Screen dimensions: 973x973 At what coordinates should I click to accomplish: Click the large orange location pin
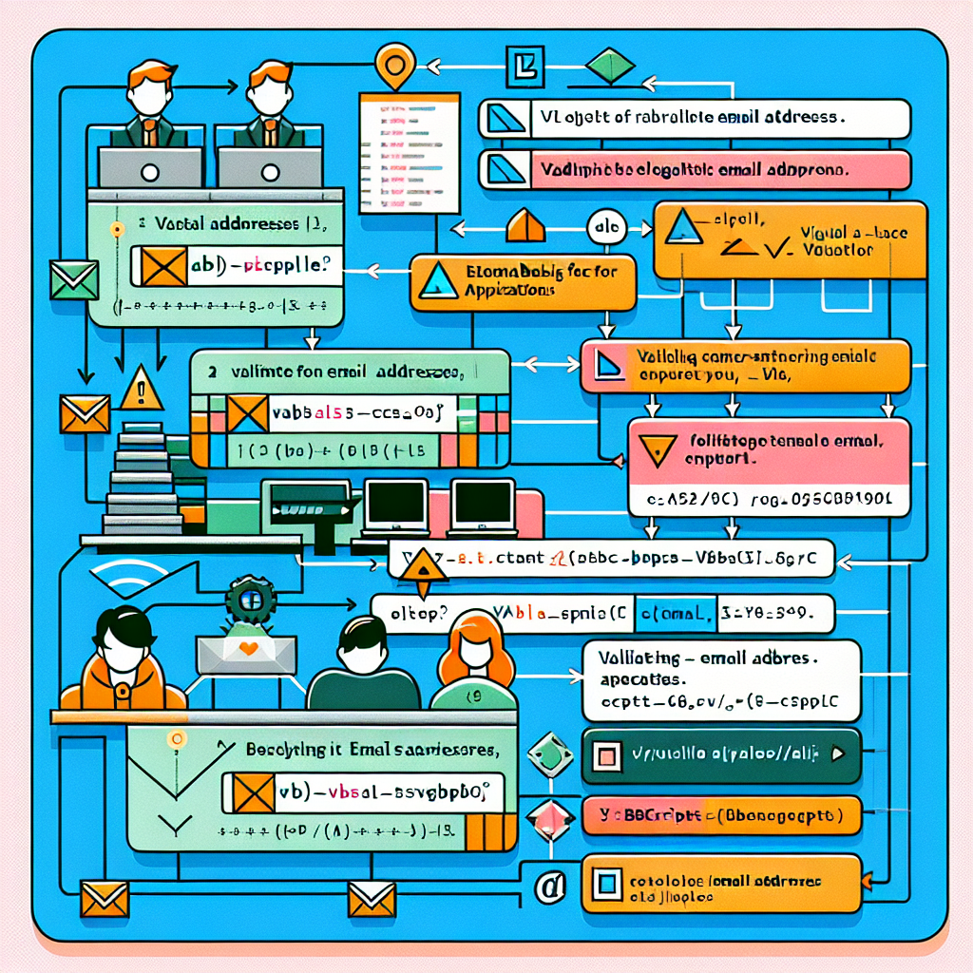click(x=391, y=67)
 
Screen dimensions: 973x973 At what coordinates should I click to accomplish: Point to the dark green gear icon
click(x=250, y=601)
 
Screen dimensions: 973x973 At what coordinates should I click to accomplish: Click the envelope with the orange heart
click(x=247, y=654)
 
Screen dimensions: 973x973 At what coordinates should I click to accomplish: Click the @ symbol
click(x=545, y=887)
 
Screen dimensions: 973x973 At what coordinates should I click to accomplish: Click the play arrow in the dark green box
click(x=837, y=755)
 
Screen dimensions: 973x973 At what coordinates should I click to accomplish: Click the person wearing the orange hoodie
click(x=124, y=660)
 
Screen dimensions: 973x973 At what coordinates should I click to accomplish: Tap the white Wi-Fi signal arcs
click(x=115, y=578)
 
